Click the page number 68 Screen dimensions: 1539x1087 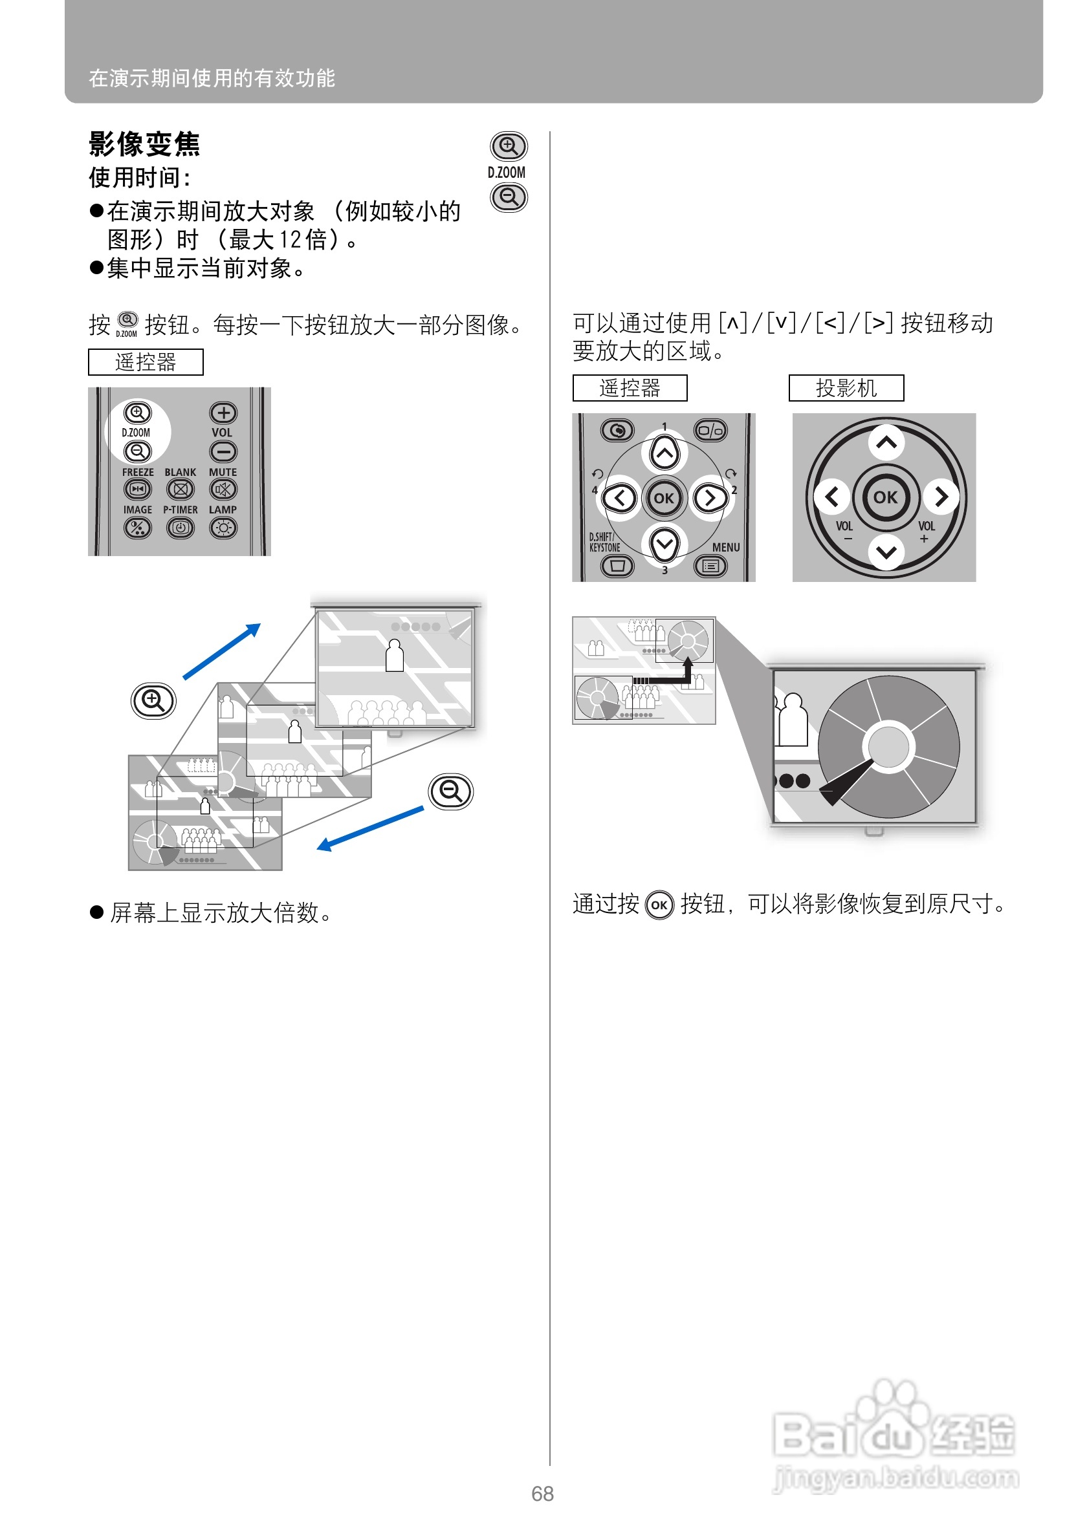[542, 1494]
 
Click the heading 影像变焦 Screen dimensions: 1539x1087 [144, 144]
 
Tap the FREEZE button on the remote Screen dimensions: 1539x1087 [137, 490]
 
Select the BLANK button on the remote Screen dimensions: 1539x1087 [180, 490]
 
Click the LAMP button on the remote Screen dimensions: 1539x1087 [223, 528]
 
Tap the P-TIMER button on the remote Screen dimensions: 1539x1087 [180, 528]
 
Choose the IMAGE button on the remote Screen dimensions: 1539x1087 [137, 528]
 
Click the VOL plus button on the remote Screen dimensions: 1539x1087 [223, 413]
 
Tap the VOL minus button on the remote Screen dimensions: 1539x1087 [223, 452]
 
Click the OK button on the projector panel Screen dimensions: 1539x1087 [885, 497]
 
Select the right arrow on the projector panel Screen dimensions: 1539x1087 [941, 497]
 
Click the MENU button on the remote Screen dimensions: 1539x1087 [710, 567]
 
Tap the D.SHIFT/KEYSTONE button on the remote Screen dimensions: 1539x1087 [617, 567]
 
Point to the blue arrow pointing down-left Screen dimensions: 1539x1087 [369, 828]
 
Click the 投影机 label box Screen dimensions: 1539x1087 [846, 388]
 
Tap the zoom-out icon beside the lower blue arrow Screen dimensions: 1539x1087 [450, 791]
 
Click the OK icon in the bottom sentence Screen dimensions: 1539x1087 [659, 905]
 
